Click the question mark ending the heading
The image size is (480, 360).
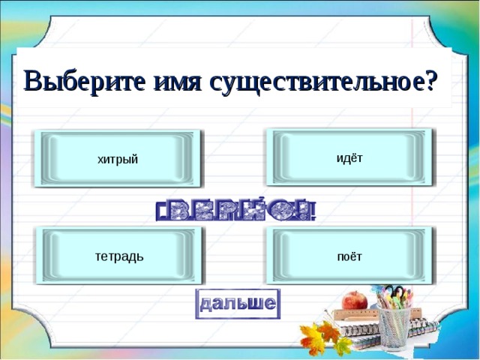(x=430, y=80)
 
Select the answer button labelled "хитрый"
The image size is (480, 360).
(x=118, y=158)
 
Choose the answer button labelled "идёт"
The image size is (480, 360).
(x=349, y=157)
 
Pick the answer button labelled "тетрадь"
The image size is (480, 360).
(x=119, y=256)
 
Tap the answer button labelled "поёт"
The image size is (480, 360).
(x=349, y=256)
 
